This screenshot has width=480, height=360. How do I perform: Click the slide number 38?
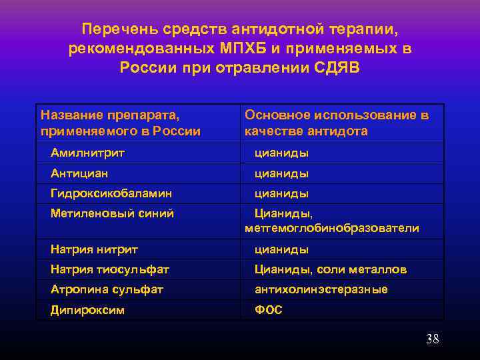click(x=433, y=339)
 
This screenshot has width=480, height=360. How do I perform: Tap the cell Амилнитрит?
click(x=88, y=153)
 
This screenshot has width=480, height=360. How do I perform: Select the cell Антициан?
click(x=79, y=173)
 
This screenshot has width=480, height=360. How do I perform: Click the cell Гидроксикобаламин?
click(x=111, y=193)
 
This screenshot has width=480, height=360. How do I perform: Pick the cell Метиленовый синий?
click(x=112, y=213)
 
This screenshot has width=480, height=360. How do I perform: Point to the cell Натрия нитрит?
click(x=94, y=249)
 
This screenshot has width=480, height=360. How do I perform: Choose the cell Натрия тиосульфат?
click(x=110, y=269)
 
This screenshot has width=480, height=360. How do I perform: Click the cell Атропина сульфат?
click(x=107, y=289)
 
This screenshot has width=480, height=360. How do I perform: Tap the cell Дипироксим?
click(x=87, y=310)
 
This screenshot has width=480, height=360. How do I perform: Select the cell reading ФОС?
click(x=269, y=310)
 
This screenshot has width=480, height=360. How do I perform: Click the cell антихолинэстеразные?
click(x=321, y=289)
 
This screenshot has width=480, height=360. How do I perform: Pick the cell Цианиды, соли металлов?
click(x=331, y=269)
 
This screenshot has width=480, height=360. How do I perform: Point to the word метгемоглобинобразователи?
click(x=332, y=229)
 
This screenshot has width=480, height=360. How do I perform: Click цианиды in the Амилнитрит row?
click(x=281, y=153)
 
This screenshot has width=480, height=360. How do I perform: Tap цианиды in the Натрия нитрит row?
click(x=281, y=249)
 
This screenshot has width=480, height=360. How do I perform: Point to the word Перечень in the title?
click(x=115, y=29)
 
